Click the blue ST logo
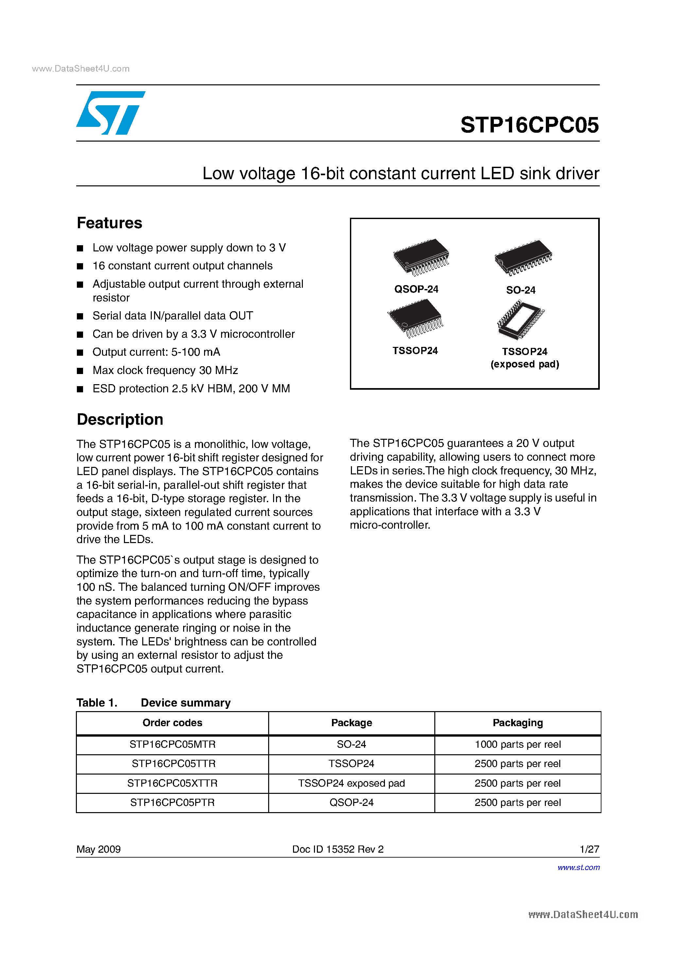coord(110,113)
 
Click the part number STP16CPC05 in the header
coord(529,125)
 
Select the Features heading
coord(110,223)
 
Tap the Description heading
coord(120,419)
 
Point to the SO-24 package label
coord(521,290)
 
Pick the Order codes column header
coord(172,723)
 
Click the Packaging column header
coord(517,723)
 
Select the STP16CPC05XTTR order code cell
coord(172,783)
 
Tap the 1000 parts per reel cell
coord(517,744)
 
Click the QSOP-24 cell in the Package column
coord(351,802)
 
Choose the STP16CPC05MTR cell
coord(172,744)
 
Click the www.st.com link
coord(578,867)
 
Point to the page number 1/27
coord(589,849)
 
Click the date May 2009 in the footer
coord(98,849)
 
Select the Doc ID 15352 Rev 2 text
coord(338,849)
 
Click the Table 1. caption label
coord(96,703)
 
